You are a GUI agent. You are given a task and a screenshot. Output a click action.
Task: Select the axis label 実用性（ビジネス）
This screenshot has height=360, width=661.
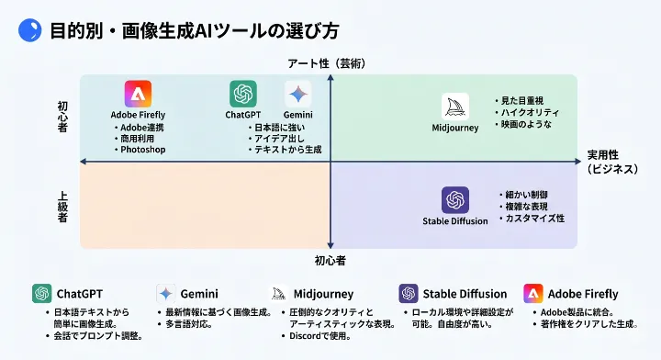point(618,162)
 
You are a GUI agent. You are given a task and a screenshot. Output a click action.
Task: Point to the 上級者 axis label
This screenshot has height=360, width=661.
point(63,206)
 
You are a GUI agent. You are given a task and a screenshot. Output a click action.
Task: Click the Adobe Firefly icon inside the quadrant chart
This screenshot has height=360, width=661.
point(138,94)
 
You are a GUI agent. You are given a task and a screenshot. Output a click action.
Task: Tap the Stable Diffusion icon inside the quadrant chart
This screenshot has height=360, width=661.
point(455,200)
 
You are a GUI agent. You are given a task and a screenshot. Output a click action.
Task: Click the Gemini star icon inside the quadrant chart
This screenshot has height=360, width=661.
point(297,94)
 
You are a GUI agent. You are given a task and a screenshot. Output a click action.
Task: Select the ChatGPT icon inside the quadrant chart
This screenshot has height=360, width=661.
point(243,94)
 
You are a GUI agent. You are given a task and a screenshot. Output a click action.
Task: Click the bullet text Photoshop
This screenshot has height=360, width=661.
point(142,149)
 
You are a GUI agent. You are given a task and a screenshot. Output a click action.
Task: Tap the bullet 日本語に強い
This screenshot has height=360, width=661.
point(281,126)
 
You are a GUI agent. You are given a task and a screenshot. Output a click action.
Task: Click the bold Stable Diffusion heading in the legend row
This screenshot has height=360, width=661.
point(465,294)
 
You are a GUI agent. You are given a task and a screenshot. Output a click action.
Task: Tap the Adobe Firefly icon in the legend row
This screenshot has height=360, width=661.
point(532,294)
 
